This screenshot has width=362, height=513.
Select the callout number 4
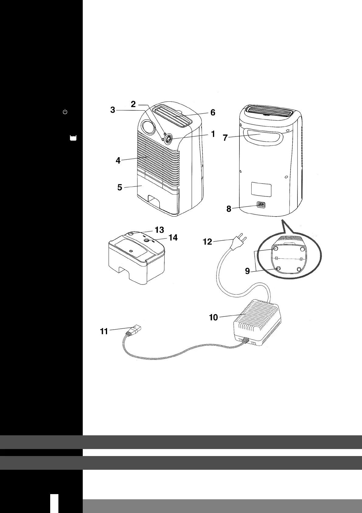point(118,161)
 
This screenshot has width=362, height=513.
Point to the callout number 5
point(120,187)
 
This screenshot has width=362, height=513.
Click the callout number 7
point(225,138)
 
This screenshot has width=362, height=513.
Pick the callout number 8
point(228,209)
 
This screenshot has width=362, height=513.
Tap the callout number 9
point(248,271)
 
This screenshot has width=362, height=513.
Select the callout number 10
point(213,317)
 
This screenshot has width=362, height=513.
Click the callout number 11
point(104,331)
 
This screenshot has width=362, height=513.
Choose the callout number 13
point(159,229)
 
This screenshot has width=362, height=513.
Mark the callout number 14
point(173,237)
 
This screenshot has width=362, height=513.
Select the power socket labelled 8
point(260,205)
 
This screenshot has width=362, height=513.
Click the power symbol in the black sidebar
point(65,112)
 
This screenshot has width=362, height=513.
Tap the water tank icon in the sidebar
point(73,138)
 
